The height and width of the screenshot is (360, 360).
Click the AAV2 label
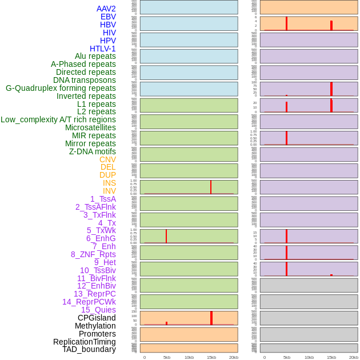[106, 9]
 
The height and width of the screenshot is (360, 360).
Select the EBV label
[108, 17]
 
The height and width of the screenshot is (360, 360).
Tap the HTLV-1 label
[103, 49]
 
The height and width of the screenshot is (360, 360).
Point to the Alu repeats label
[95, 56]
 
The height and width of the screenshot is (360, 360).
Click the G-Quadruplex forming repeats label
[61, 88]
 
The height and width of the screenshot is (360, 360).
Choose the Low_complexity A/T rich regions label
[58, 119]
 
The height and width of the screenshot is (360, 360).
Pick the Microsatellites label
[90, 127]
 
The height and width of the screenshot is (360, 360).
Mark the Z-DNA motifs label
[93, 151]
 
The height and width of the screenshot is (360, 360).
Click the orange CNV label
[107, 159]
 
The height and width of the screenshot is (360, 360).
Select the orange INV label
[109, 191]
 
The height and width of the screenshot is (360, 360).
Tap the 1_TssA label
[103, 199]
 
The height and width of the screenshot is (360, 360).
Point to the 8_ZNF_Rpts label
[93, 254]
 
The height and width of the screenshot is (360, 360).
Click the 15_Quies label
[98, 310]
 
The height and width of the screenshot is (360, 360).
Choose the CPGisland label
[97, 318]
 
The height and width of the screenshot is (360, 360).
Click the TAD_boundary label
[89, 349]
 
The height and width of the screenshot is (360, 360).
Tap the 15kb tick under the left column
[211, 357]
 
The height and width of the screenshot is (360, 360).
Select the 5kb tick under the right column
[287, 357]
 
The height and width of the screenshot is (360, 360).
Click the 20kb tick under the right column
[354, 357]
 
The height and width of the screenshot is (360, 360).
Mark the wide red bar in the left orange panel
[211, 318]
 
